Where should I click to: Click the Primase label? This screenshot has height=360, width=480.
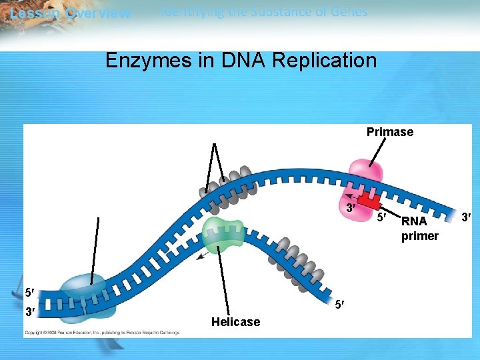click(389, 132)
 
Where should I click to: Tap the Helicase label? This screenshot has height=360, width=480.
click(235, 322)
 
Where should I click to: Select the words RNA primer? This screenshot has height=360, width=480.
click(419, 228)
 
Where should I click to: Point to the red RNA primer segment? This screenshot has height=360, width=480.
click(367, 200)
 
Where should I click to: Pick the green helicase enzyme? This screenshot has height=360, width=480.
click(223, 233)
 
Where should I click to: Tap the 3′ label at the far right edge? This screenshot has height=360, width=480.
click(467, 215)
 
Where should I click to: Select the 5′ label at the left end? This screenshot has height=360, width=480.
click(30, 292)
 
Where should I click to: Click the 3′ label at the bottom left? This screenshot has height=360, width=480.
click(30, 311)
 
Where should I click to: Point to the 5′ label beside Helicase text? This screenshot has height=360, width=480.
click(340, 305)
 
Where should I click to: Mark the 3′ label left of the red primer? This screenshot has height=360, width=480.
click(350, 209)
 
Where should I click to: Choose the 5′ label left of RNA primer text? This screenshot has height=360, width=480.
click(381, 217)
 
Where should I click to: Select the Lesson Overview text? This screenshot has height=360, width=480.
click(70, 13)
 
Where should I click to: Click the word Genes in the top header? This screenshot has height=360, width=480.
click(348, 11)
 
